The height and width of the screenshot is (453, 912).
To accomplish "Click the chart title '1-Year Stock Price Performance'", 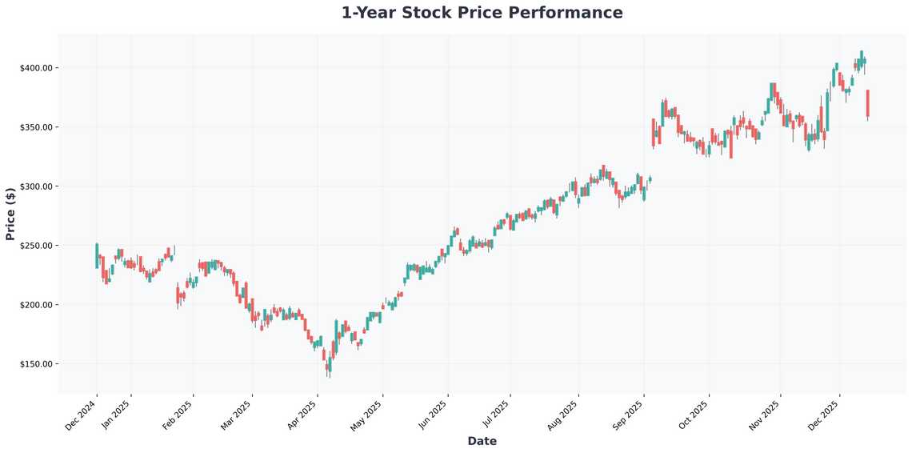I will click(482, 13).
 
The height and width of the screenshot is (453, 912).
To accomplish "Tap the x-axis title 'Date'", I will click(482, 441).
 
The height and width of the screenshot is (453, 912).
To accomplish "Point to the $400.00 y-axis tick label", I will click(36, 68).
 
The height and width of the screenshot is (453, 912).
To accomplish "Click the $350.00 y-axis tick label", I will click(36, 127).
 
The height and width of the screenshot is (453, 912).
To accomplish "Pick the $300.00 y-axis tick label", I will click(36, 186).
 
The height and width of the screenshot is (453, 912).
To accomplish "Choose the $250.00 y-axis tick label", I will click(36, 246).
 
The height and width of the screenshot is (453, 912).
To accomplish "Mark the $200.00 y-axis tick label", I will click(36, 305).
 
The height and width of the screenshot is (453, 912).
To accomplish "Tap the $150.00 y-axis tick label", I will click(36, 364).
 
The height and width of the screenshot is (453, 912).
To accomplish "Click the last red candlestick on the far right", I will click(867, 103).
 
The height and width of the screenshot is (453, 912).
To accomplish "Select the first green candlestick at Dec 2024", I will click(97, 255).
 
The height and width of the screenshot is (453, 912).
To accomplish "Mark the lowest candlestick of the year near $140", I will click(328, 367).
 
